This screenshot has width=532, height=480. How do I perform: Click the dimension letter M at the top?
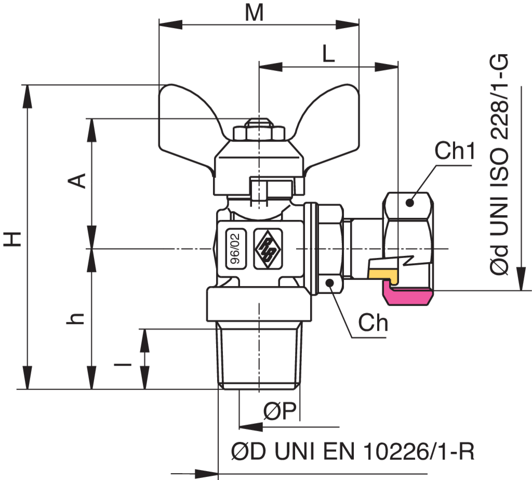click(255, 13)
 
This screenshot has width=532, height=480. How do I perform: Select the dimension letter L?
click(328, 54)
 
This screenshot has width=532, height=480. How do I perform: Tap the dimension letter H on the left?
click(12, 239)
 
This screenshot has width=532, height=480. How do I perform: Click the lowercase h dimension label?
click(75, 318)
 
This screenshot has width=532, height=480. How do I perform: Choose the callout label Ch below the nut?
click(373, 322)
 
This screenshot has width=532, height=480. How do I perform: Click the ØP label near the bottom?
click(280, 411)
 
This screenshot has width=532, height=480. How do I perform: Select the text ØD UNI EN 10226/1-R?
click(353, 451)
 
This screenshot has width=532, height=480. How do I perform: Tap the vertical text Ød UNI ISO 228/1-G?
click(499, 164)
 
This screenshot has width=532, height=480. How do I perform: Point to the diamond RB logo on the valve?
click(268, 249)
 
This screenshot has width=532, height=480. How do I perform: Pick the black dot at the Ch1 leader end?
click(410, 203)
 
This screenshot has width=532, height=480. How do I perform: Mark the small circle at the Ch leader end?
click(330, 282)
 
